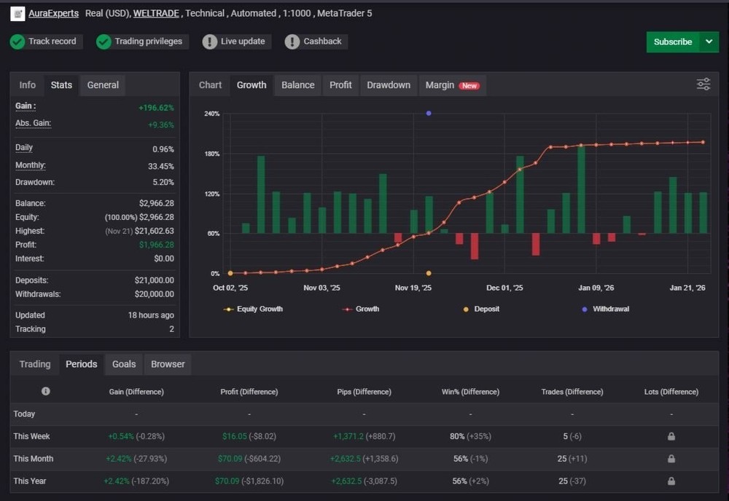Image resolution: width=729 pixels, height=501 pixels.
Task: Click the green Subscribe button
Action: [x=672, y=42]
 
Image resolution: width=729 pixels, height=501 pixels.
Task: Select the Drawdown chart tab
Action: [x=388, y=85]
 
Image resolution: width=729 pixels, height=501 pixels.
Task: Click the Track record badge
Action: [x=45, y=42]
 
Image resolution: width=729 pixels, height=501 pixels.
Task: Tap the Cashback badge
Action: [x=314, y=42]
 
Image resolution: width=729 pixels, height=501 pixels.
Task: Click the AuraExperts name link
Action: [x=53, y=13]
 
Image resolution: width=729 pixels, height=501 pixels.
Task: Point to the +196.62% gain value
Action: [x=156, y=108]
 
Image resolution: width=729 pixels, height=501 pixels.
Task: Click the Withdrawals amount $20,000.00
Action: [x=154, y=294]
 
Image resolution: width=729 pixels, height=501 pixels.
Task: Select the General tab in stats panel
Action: [x=103, y=85]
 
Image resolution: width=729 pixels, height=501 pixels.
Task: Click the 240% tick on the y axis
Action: [x=211, y=114]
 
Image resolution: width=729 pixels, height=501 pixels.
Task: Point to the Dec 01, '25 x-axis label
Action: [x=504, y=288]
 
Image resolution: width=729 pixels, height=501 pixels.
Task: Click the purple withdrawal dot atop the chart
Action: [x=429, y=114]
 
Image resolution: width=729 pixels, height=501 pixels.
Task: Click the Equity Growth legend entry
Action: [x=254, y=309]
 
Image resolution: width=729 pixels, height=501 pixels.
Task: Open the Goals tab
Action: [x=124, y=364]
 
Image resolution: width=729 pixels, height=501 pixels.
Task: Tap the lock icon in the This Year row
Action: [x=671, y=481]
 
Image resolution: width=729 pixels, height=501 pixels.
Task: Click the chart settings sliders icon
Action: [x=703, y=84]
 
